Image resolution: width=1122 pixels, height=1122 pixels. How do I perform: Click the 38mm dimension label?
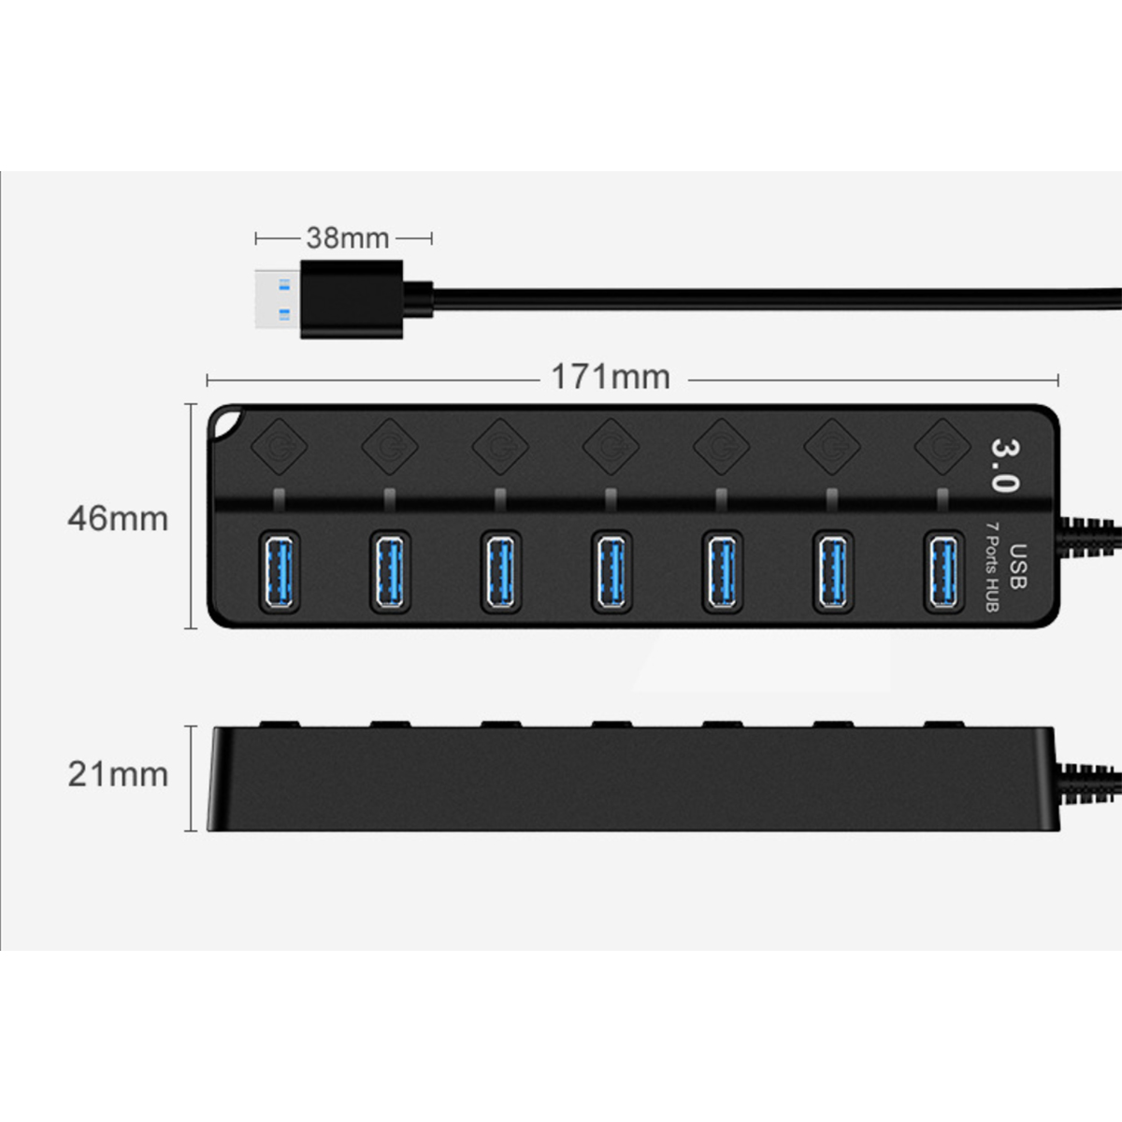pos(348,237)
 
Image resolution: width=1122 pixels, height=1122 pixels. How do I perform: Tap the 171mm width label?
pos(611,377)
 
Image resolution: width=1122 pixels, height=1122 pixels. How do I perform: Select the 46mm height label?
pos(118,519)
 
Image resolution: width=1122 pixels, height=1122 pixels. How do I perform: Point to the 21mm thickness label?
pos(118,774)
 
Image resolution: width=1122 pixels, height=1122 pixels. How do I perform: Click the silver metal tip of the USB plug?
pos(278,299)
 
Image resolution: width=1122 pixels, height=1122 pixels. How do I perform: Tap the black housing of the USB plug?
pos(352,299)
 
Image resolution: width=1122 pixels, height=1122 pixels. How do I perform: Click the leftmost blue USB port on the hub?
pos(280,572)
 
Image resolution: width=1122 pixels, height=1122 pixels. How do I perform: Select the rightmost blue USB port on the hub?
pos(943,572)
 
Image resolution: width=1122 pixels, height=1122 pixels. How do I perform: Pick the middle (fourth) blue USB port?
pos(611,572)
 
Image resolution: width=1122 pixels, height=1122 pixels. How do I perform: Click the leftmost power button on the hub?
pos(279,447)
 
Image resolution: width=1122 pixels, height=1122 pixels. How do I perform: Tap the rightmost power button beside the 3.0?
pos(942,447)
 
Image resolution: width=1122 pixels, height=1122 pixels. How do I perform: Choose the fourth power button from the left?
pos(611,447)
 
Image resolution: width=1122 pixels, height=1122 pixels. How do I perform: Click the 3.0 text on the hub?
pos(1004,466)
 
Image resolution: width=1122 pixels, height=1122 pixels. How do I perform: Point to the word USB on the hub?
pos(1017,566)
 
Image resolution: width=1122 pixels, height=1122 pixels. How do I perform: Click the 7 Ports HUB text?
pos(992,566)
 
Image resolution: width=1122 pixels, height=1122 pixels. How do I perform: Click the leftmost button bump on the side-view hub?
pos(280,725)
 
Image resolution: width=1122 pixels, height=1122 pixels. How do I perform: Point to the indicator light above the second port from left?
pos(390,499)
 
